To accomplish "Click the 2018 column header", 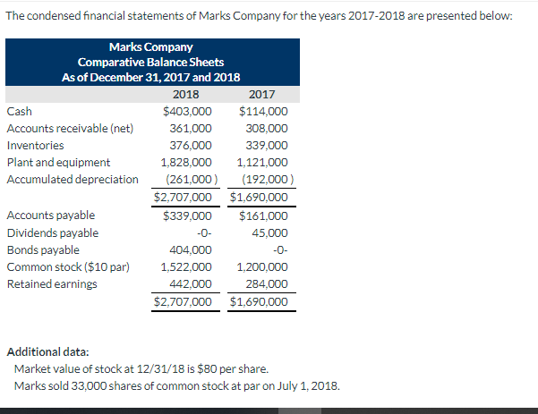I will [184, 95].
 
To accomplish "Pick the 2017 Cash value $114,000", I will [263, 112].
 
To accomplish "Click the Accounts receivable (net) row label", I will [70, 129].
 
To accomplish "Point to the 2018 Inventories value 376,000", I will [191, 146].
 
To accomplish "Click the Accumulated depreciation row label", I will [73, 180].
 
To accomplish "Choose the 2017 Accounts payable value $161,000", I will [263, 215].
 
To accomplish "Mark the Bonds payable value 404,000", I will [191, 250].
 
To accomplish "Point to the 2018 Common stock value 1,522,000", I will [185, 267].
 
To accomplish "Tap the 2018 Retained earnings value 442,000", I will [191, 284].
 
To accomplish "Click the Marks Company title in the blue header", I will [149, 46].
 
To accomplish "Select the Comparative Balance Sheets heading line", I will [149, 62].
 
